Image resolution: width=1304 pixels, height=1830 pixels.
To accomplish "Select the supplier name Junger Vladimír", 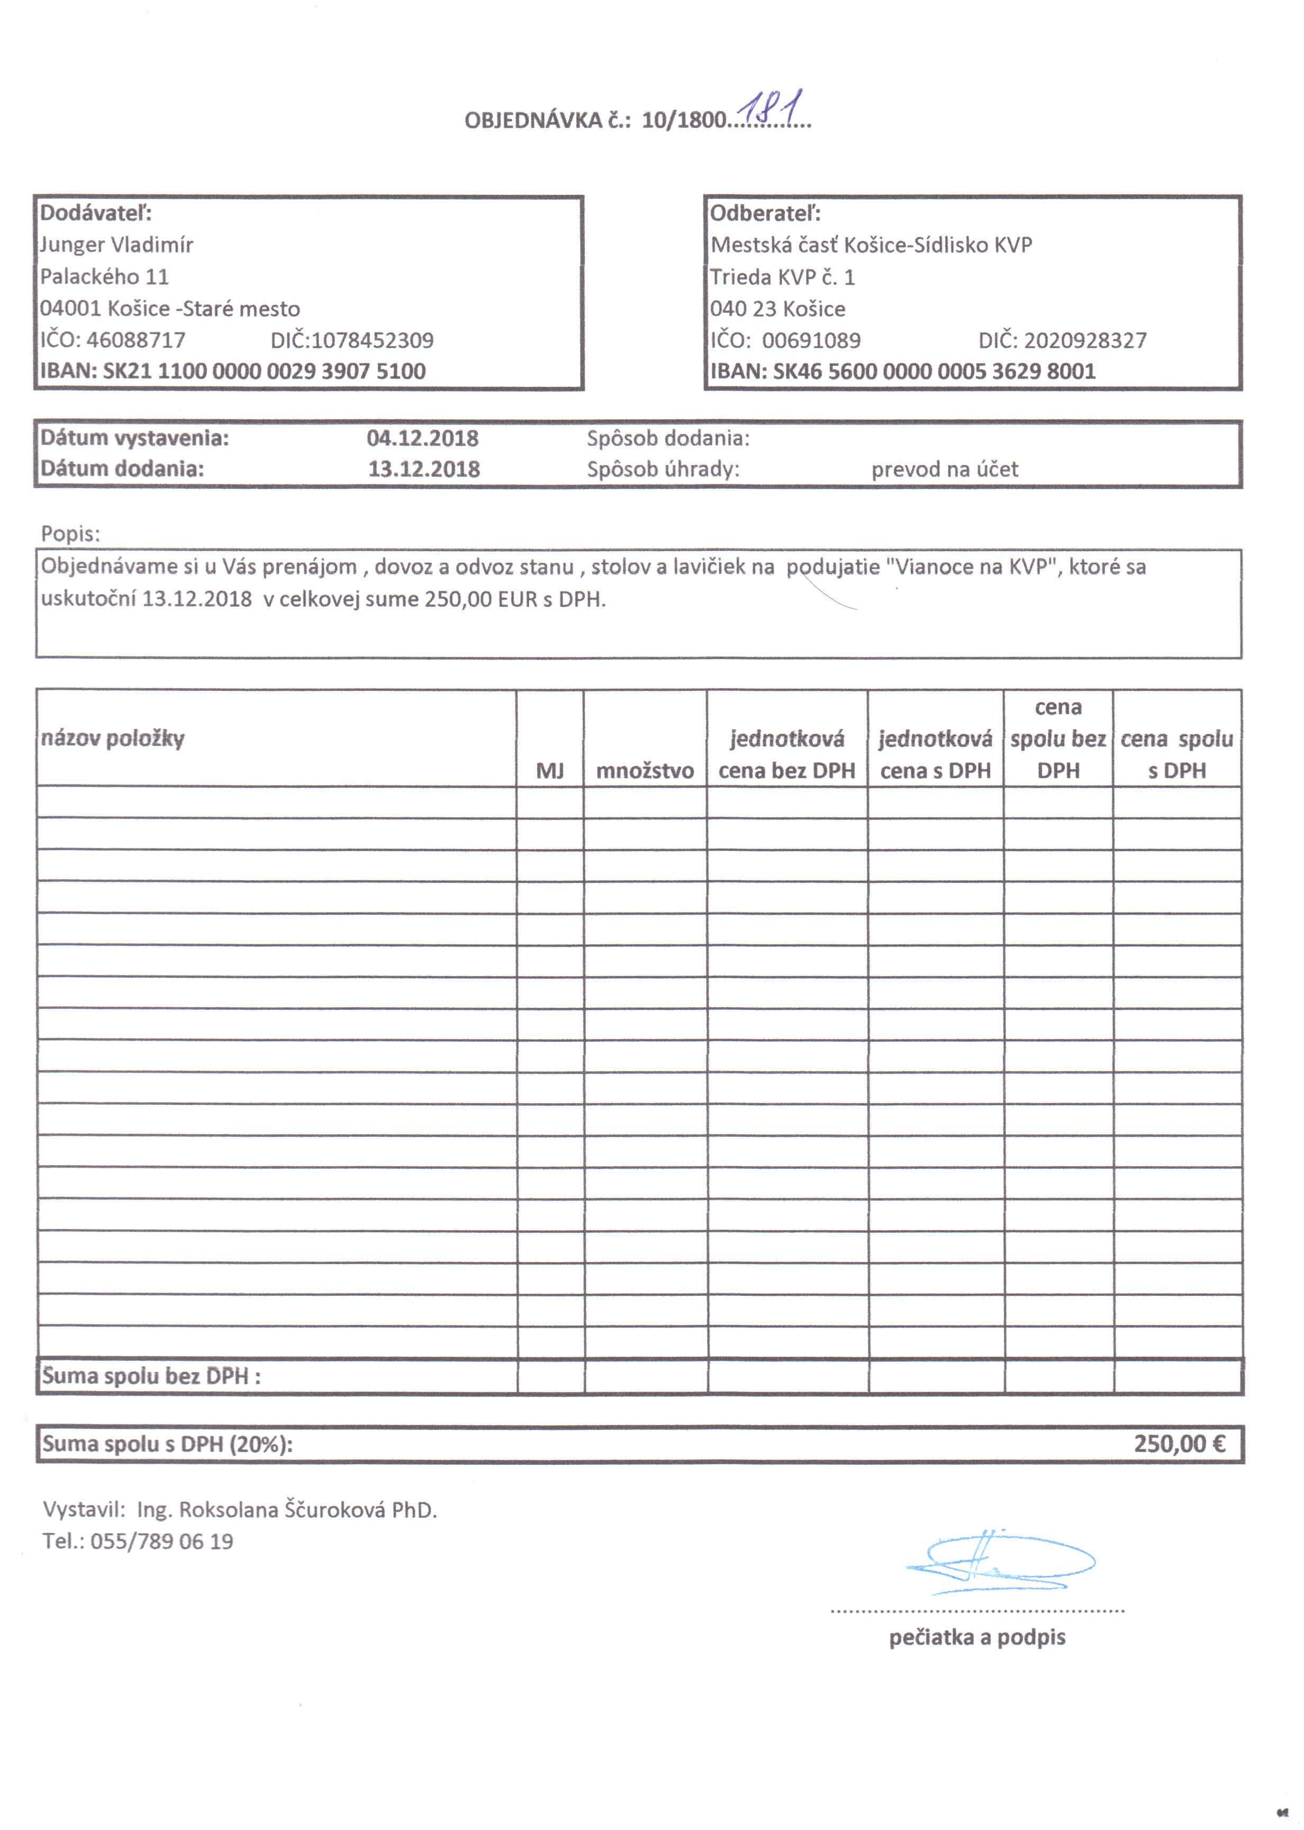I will click(x=117, y=245).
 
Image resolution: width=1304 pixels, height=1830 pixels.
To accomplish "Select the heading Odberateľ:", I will click(x=765, y=213).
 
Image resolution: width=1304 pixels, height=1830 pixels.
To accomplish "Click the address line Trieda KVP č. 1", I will click(x=783, y=277).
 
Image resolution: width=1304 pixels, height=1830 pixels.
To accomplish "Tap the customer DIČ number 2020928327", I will click(x=1085, y=340).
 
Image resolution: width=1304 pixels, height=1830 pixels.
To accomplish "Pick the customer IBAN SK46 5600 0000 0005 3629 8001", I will click(x=934, y=371).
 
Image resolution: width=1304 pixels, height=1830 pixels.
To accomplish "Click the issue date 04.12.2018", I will click(x=422, y=438).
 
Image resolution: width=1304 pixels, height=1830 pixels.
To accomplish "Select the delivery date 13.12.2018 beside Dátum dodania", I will click(x=424, y=469).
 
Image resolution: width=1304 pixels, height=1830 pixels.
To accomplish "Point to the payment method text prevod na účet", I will click(x=944, y=469).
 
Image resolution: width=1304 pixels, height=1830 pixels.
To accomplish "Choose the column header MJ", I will click(x=550, y=771).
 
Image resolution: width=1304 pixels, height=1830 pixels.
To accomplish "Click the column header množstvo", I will click(x=645, y=771).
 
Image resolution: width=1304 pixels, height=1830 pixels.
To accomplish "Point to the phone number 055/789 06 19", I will click(x=161, y=1541).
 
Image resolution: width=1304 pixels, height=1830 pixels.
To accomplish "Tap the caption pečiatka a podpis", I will click(x=977, y=1638).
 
